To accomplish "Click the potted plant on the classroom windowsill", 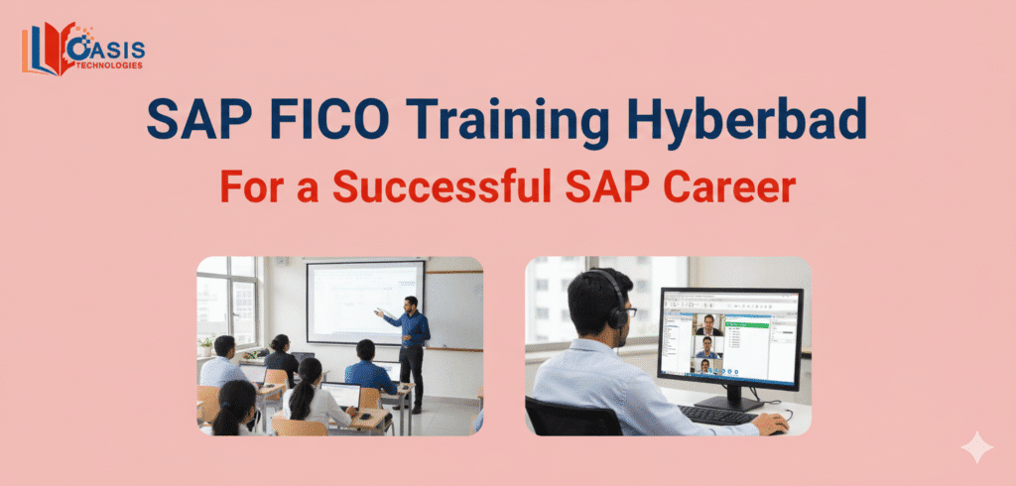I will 206,345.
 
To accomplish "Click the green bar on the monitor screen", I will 759,318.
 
